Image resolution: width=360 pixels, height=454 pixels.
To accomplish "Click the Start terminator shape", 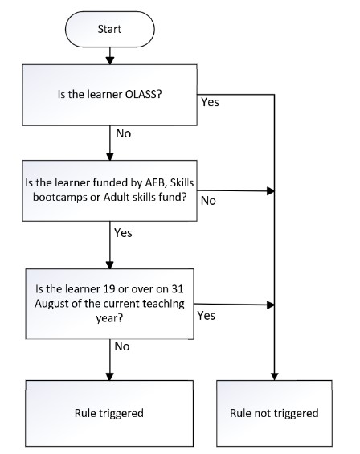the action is pyautogui.click(x=110, y=29).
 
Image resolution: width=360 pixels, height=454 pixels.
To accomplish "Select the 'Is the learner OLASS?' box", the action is pyautogui.click(x=110, y=95).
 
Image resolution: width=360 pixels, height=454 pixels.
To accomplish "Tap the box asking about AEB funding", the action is pyautogui.click(x=110, y=190).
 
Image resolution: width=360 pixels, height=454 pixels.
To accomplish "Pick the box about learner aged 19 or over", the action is pyautogui.click(x=110, y=304).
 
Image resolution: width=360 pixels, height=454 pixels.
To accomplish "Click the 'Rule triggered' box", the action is pyautogui.click(x=109, y=413).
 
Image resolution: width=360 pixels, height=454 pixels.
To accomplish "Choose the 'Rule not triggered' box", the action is pyautogui.click(x=274, y=413).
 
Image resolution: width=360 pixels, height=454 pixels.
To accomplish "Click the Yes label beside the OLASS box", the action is pyautogui.click(x=211, y=102).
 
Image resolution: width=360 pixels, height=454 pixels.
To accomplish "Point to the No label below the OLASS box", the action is pyautogui.click(x=124, y=133).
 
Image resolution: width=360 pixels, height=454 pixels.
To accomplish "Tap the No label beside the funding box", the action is pyautogui.click(x=208, y=201).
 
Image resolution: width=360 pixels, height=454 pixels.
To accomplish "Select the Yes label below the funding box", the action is pyautogui.click(x=123, y=233).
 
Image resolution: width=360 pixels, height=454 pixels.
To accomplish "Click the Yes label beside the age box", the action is pyautogui.click(x=207, y=316).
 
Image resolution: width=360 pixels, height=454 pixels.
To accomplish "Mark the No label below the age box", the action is pyautogui.click(x=122, y=346).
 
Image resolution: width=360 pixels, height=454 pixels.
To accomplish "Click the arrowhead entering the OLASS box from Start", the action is pyautogui.click(x=110, y=61).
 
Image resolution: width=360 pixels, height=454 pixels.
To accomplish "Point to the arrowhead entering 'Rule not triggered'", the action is pyautogui.click(x=274, y=377).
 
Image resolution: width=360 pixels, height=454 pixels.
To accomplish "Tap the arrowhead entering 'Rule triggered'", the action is pyautogui.click(x=110, y=377).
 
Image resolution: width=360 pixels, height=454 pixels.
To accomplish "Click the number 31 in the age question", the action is pyautogui.click(x=178, y=289).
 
